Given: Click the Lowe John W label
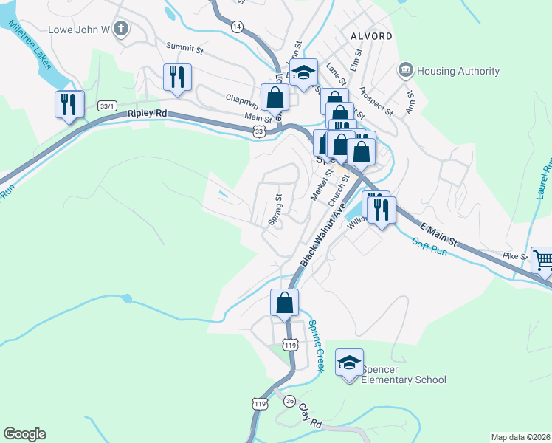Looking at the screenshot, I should click(x=78, y=30).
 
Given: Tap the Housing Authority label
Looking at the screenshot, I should click(x=458, y=72).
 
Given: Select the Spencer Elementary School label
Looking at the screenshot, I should click(x=404, y=374).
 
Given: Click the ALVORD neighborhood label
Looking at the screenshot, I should click(x=372, y=35).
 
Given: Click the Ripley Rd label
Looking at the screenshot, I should click(x=148, y=114).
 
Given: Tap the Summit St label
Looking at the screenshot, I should click(x=184, y=47).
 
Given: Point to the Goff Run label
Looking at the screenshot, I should click(x=429, y=246).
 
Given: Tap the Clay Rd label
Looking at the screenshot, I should click(x=311, y=419).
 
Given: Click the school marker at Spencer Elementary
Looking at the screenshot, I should click(x=349, y=363).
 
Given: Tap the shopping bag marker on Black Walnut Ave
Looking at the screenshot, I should click(x=285, y=302).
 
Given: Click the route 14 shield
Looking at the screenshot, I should click(x=236, y=26).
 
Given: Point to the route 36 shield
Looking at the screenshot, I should click(x=290, y=400).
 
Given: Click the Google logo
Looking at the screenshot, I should click(x=24, y=434).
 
